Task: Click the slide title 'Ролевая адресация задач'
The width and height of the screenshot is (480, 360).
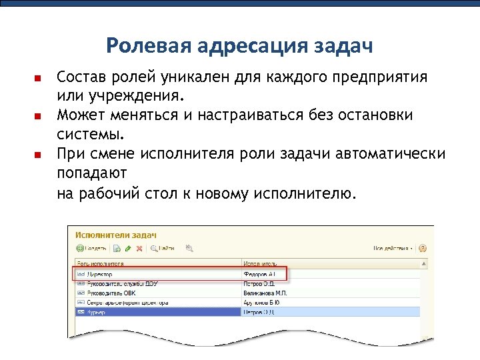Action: coord(239,46)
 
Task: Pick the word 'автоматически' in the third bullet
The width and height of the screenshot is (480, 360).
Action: coord(389,154)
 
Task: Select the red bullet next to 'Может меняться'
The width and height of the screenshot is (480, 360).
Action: coord(38,117)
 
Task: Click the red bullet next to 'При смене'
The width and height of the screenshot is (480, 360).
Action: coord(38,155)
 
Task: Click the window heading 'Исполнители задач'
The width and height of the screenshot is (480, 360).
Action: coord(115,235)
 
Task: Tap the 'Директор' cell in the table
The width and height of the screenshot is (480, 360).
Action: coord(100,274)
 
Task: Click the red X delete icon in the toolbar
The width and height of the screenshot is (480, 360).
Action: coord(139,249)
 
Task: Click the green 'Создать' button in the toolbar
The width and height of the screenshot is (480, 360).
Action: coord(91,249)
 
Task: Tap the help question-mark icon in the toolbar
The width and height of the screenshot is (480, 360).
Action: coord(423,249)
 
